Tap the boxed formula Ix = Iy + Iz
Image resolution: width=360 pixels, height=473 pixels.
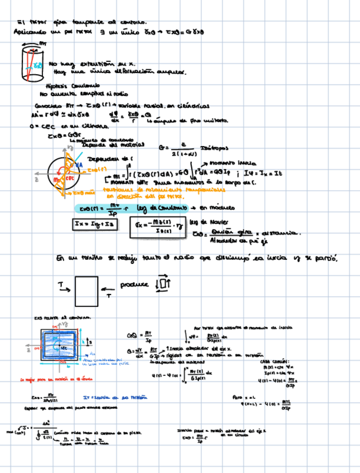[92, 224]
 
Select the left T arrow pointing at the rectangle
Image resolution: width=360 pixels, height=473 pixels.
[62, 286]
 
